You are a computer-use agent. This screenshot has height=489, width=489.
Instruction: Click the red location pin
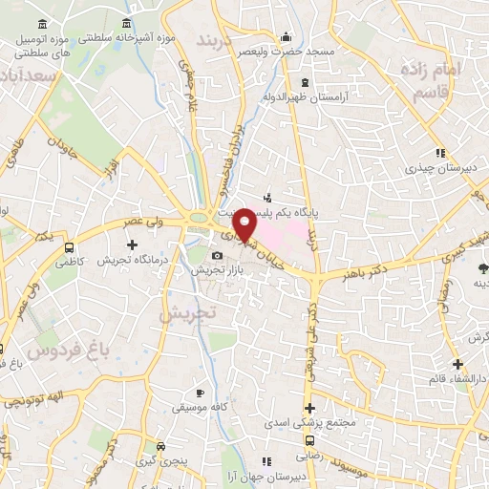coord(245,223)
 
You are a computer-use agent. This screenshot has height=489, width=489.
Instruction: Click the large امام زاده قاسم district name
coord(452,83)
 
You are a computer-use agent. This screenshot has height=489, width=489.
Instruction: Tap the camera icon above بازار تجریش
coord(218,255)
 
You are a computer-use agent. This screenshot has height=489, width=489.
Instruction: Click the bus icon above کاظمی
coord(69,246)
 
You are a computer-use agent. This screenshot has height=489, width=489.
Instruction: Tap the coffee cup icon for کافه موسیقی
coord(200,392)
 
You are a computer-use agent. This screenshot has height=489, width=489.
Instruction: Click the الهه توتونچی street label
coord(31,400)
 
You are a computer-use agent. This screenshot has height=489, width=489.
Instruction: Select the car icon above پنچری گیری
coord(160,446)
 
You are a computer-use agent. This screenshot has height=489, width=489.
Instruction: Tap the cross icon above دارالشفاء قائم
coord(457,364)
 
